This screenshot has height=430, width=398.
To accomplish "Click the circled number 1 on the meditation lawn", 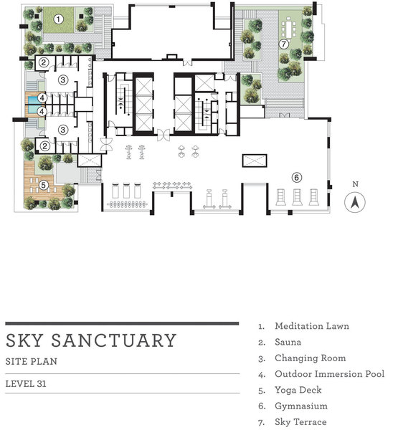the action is click(58, 19).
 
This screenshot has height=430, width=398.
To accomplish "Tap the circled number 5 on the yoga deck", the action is click(43, 185).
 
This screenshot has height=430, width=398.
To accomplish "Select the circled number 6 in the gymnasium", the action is click(296, 178).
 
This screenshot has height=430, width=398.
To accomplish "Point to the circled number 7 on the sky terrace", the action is click(283, 44).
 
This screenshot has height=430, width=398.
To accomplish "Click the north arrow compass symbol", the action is click(355, 202).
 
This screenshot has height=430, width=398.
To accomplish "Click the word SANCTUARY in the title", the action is click(113, 340).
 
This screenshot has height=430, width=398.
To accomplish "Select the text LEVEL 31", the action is click(26, 383).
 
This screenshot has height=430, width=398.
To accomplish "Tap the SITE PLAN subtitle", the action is click(32, 361).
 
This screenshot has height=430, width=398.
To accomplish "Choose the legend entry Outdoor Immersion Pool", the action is click(330, 374).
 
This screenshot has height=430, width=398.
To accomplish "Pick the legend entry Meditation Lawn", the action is click(312, 326).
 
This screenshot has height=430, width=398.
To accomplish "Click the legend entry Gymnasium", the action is click(301, 406).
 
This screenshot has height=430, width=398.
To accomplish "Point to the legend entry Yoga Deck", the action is click(298, 391).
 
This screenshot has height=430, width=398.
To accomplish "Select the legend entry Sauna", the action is click(288, 342).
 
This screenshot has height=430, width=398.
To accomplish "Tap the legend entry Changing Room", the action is click(311, 358).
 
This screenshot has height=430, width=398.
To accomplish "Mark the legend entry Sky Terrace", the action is click(301, 422).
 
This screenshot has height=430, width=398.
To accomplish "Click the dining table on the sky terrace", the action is click(289, 27).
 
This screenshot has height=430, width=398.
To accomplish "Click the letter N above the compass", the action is click(356, 184).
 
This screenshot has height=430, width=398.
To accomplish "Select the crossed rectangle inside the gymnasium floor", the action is click(255, 161).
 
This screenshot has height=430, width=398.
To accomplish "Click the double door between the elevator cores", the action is click(164, 135).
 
